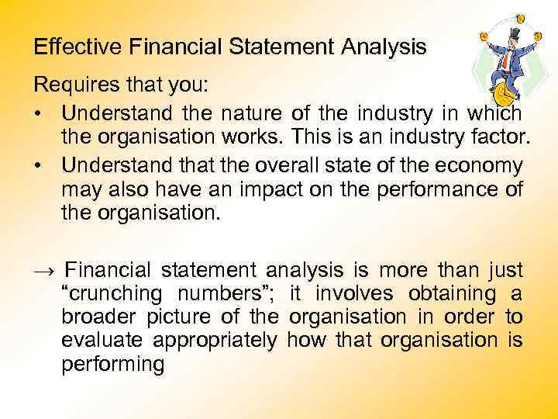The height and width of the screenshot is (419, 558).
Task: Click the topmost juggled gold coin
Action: point(520,18)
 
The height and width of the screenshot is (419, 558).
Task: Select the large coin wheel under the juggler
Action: point(505,95)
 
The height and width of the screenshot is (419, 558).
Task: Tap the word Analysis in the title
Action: point(385,47)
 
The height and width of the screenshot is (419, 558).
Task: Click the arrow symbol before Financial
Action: point(44,271)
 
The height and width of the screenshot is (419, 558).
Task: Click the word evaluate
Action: point(102,341)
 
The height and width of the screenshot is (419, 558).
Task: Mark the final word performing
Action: point(112,365)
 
